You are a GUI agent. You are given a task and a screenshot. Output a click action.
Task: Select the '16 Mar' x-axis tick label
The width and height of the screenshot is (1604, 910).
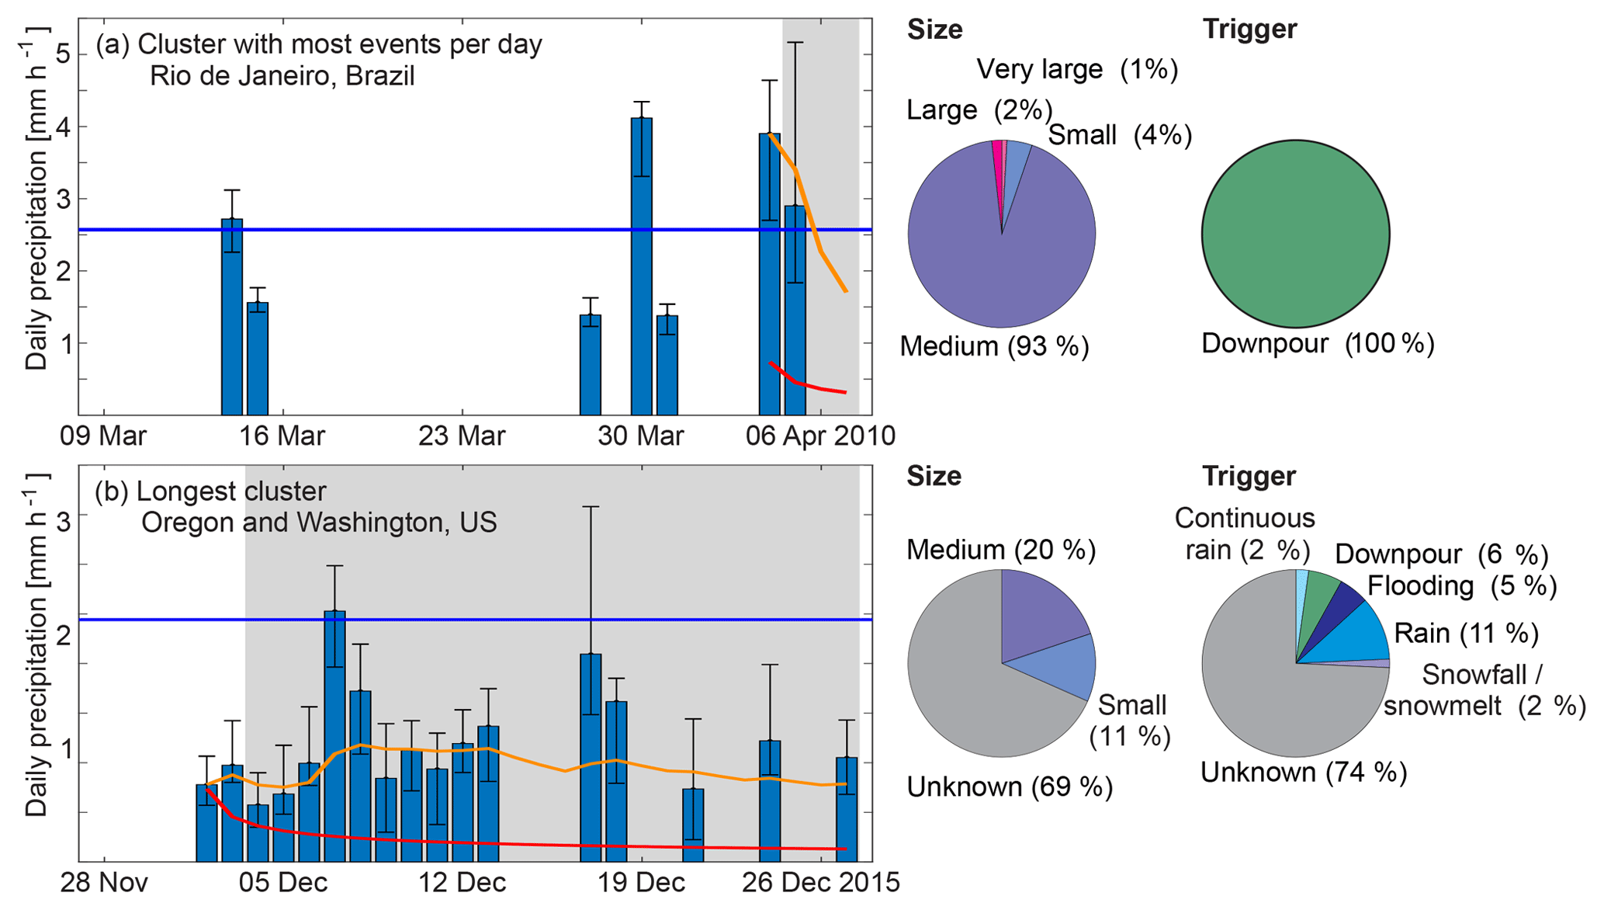tap(282, 436)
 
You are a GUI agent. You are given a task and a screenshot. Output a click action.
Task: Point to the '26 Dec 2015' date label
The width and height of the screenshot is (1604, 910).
tap(820, 883)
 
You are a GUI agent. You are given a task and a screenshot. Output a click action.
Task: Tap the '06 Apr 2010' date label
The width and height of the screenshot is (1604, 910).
tap(820, 436)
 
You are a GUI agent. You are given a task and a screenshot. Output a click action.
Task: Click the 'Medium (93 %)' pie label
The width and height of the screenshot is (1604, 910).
tap(994, 346)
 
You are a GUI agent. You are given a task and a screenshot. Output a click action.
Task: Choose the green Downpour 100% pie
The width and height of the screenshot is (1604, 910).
tap(1295, 234)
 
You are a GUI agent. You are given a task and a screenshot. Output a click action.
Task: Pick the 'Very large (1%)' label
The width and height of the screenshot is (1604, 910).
tap(1077, 70)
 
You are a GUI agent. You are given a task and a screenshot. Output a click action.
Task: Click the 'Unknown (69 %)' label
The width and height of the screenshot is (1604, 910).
tap(1010, 787)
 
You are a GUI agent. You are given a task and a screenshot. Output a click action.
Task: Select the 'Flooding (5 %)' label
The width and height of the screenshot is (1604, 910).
tap(1462, 586)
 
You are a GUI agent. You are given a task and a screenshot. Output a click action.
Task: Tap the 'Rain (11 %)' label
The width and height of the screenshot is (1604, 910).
tap(1466, 634)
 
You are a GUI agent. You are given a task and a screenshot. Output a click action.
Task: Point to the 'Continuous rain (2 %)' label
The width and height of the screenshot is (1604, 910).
tap(1245, 534)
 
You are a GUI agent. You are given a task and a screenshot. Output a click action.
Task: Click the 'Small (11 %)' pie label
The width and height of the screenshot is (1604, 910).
tap(1131, 721)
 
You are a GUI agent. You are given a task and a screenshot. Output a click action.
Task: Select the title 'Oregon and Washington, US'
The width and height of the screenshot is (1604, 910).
tap(319, 523)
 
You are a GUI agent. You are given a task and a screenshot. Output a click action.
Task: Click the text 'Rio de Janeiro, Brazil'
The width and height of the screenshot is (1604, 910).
tap(282, 76)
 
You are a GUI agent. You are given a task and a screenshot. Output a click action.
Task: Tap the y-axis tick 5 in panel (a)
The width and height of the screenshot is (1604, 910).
tap(63, 54)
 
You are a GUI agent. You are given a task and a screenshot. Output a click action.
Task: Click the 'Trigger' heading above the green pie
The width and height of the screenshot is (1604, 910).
tap(1249, 30)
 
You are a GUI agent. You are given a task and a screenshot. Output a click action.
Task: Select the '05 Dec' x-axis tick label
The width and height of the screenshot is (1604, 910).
tap(282, 883)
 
